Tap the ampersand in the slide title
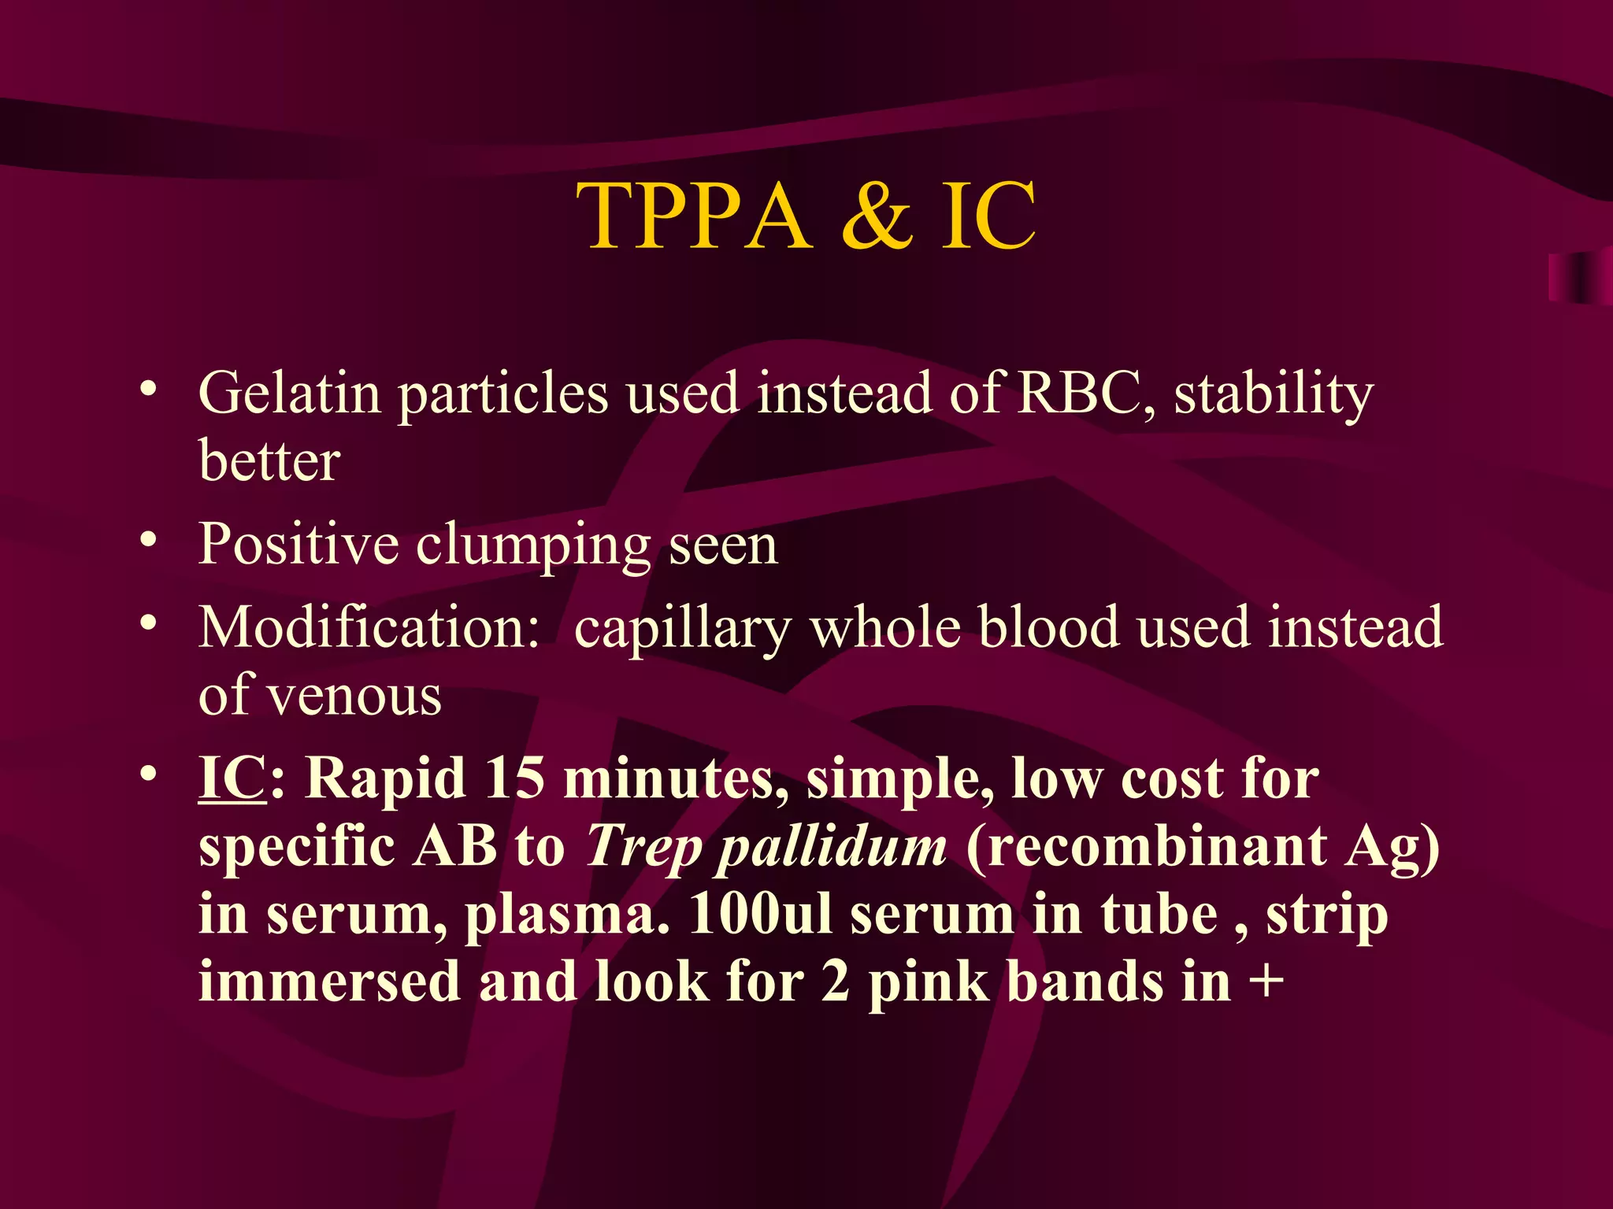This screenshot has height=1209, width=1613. tap(877, 216)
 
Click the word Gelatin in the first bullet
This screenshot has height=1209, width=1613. tap(289, 394)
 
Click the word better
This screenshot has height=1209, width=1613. tap(269, 461)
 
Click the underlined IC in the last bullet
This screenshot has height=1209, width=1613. tap(232, 778)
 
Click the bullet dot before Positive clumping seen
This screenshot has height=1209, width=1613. tap(148, 541)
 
